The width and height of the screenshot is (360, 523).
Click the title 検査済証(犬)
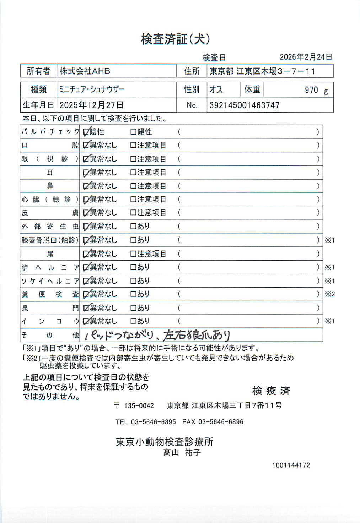tap(175, 39)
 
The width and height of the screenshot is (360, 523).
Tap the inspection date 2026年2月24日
tap(306, 57)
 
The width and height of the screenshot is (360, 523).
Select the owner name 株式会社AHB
tap(85, 71)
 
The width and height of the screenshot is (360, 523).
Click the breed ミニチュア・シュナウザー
tap(92, 89)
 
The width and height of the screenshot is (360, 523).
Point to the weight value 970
tap(311, 90)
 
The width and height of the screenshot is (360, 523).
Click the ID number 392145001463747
tap(244, 105)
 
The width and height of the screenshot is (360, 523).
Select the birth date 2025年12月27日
tap(91, 105)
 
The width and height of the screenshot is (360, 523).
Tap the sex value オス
tap(216, 89)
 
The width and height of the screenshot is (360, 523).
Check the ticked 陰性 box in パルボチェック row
tap(86, 132)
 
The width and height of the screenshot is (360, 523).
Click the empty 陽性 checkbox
tap(133, 132)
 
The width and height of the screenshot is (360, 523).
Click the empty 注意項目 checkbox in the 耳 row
tap(133, 173)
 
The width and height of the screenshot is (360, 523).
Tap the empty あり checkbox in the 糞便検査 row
tap(133, 294)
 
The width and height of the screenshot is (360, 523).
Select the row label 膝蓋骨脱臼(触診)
tap(50, 240)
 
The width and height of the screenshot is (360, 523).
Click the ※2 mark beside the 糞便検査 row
tap(329, 294)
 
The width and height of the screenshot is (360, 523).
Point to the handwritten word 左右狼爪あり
tap(197, 335)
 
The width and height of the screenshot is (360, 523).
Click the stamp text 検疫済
tap(271, 391)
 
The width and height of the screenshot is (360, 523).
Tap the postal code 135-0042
tap(139, 405)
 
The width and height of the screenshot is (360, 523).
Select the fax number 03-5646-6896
tap(221, 422)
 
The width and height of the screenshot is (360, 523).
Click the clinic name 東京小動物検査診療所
tap(165, 442)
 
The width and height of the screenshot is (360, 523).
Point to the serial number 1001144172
tap(291, 465)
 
